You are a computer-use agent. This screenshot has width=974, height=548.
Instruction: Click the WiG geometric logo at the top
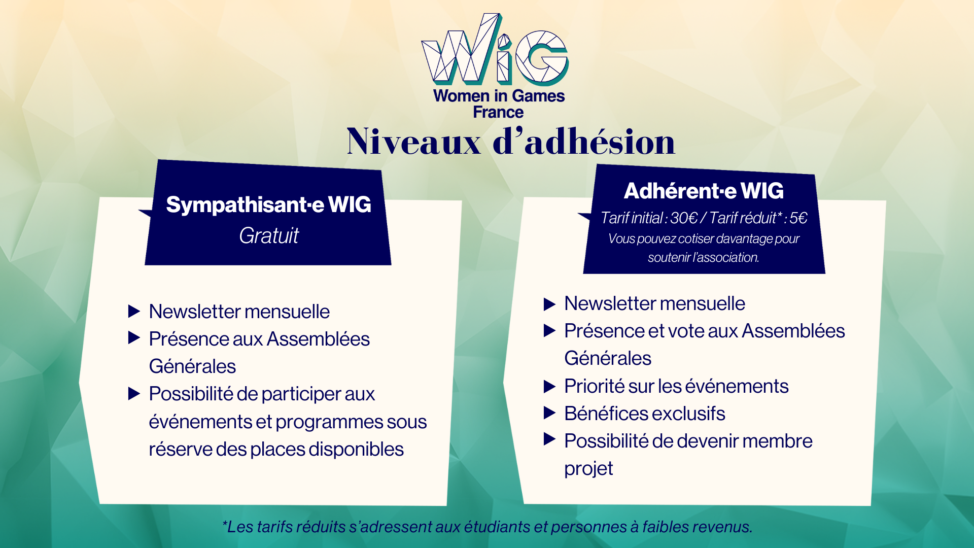click(x=495, y=49)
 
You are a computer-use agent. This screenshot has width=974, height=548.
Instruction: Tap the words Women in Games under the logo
click(x=499, y=96)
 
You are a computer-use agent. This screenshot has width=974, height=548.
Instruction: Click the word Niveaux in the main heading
click(x=414, y=142)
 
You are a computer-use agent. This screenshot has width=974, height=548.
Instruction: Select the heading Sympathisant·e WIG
click(x=269, y=204)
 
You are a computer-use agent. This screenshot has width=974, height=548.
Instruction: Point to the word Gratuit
click(x=269, y=235)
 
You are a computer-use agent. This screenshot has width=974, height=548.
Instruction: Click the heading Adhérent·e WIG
click(x=704, y=191)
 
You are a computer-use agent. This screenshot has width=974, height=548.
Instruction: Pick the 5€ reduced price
click(x=798, y=218)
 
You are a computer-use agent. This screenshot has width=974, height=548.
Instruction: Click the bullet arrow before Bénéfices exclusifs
click(x=549, y=413)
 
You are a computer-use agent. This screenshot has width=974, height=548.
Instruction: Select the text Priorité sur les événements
click(x=676, y=386)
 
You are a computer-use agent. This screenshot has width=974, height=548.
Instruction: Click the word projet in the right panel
click(x=588, y=468)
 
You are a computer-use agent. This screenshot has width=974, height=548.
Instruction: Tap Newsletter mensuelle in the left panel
click(x=239, y=312)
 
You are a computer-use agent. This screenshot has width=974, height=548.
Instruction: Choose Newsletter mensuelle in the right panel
click(x=655, y=303)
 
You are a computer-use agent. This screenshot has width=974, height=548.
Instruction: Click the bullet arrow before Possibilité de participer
click(x=134, y=393)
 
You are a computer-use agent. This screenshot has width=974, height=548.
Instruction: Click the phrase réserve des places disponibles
click(x=276, y=450)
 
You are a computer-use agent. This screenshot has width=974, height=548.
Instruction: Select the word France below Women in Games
click(x=498, y=112)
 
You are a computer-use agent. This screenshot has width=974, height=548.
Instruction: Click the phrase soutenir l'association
click(x=703, y=257)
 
